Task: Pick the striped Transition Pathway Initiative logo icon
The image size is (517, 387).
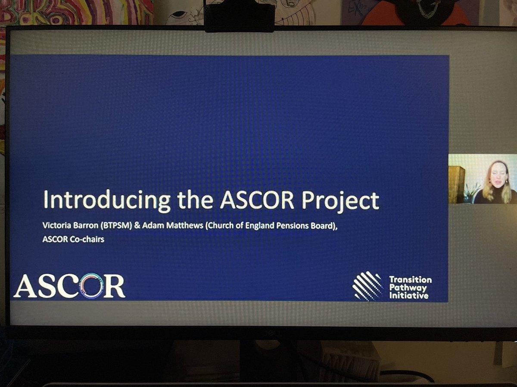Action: pos(368,286)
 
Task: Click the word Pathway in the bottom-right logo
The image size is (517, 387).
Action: pos(407,288)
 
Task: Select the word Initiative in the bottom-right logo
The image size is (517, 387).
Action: pos(409,296)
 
